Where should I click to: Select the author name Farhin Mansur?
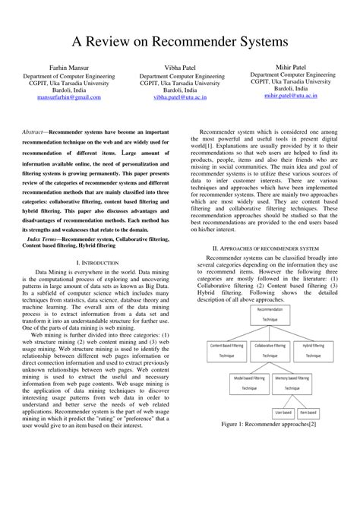tap(69, 68)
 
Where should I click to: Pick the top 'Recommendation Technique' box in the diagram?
tap(270, 315)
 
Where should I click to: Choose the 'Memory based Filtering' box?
tap(292, 381)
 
